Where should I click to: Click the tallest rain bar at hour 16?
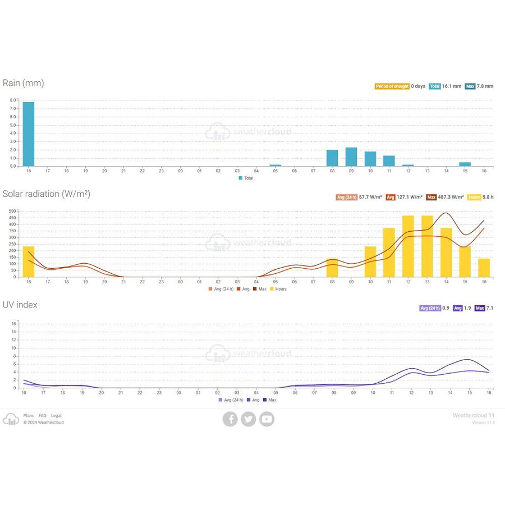28,134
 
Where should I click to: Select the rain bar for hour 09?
351,157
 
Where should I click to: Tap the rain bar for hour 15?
465,164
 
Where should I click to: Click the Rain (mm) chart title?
23,83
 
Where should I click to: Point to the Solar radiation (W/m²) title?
46,194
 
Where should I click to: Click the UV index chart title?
20,305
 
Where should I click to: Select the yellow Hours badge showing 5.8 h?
474,197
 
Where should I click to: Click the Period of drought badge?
392,86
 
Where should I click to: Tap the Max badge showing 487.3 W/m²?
431,197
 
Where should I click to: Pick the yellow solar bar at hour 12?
408,246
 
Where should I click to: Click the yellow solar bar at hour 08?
332,268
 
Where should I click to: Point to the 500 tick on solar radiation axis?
12,212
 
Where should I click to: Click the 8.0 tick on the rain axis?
12,101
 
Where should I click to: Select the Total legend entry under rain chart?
246,178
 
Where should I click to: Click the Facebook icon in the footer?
230,419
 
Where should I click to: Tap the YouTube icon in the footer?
267,419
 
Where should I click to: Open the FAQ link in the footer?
43,416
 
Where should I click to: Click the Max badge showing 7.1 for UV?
480,308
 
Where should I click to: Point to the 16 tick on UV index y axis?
15,323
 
